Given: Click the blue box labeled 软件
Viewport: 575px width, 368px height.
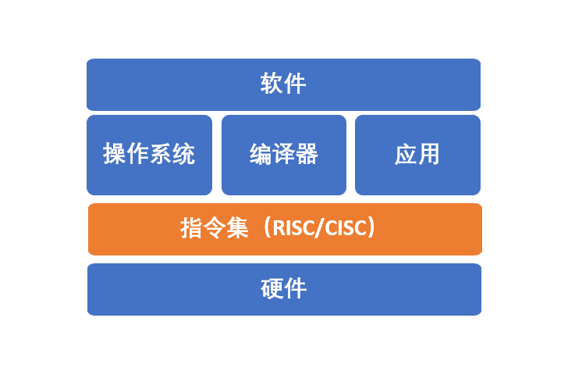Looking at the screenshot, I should click(283, 84).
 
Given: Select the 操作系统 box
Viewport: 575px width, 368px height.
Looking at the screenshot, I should click(149, 155).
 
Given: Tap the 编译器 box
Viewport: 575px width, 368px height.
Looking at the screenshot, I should click(283, 155).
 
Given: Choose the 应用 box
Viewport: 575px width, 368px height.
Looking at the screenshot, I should click(417, 155).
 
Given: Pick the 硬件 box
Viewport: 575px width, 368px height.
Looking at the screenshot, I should click(284, 289).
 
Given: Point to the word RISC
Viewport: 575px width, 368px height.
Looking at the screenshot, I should click(291, 229).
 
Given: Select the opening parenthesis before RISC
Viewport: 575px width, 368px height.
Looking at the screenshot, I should click(266, 229).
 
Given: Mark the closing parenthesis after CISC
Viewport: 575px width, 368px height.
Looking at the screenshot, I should click(373, 229).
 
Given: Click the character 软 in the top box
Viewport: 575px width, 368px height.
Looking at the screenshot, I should click(272, 84).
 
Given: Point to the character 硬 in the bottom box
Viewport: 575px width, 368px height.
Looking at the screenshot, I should click(272, 289).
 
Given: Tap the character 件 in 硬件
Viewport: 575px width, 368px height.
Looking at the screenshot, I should click(295, 289).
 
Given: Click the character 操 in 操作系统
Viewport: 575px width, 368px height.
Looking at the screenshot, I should click(115, 155).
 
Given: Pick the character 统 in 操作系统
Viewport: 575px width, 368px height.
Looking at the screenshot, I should click(184, 155).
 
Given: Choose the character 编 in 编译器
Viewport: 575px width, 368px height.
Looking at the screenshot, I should click(261, 155).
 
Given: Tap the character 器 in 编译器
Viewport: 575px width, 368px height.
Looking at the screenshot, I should click(307, 155).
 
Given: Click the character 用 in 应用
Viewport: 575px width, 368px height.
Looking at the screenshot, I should click(429, 155).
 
